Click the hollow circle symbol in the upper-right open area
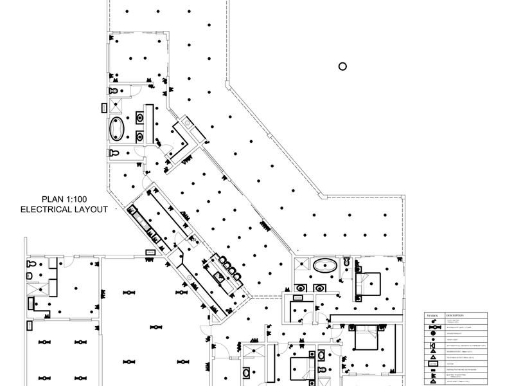click(342, 66)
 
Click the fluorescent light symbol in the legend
click(434, 327)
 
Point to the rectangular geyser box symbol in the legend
click(434, 363)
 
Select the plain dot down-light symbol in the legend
click(434, 340)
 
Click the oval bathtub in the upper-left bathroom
click(117, 129)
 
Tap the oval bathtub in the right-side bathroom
click(324, 264)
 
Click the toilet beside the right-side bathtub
click(346, 261)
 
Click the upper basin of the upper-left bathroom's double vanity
click(140, 118)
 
